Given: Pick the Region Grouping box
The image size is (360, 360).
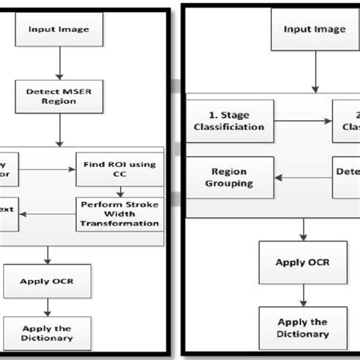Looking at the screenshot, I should (229, 178).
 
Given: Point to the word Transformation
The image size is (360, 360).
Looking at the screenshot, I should (126, 223).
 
